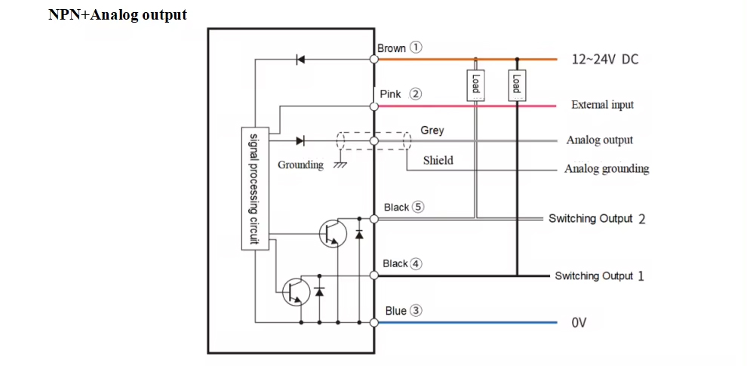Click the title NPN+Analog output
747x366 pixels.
click(x=117, y=14)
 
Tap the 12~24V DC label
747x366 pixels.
click(x=604, y=60)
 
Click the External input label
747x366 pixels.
click(x=602, y=105)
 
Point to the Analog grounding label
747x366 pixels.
click(x=606, y=169)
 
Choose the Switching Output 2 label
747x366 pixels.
click(x=596, y=219)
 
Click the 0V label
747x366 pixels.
click(x=579, y=323)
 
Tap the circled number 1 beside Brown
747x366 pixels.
click(x=416, y=48)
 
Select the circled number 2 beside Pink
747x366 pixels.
click(x=415, y=94)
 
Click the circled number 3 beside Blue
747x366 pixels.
click(x=416, y=310)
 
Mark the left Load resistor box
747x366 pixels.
click(x=475, y=83)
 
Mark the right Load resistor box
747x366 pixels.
click(x=517, y=83)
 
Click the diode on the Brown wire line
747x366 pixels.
click(x=300, y=60)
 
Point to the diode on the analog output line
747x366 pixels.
click(x=300, y=140)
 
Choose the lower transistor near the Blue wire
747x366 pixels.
click(x=295, y=291)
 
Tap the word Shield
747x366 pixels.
click(x=438, y=160)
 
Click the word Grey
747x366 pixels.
click(x=432, y=131)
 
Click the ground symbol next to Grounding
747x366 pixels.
click(x=340, y=163)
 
